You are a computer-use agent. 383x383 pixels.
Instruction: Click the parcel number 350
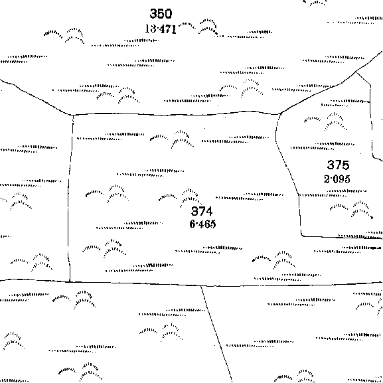[161, 14]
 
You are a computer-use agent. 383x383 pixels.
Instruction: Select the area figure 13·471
[161, 29]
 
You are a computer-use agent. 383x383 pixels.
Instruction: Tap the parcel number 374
[202, 211]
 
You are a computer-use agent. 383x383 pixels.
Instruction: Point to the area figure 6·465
[202, 224]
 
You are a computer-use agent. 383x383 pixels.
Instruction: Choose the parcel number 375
[338, 165]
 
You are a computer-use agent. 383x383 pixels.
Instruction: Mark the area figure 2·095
[337, 179]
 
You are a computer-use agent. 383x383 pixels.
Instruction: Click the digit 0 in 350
[169, 14]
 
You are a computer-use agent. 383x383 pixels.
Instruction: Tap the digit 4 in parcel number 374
[209, 211]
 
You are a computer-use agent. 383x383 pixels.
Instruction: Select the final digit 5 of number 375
[346, 165]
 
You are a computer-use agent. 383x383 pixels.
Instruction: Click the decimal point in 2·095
[331, 179]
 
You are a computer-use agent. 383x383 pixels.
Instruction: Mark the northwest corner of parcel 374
[73, 115]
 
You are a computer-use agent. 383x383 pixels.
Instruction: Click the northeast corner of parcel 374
[280, 114]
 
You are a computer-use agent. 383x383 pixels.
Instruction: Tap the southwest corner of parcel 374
[70, 282]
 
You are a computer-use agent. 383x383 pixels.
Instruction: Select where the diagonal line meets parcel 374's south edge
[201, 285]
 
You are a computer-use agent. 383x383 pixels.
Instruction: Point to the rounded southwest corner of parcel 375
[302, 236]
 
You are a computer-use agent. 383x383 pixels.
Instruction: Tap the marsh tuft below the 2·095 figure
[351, 209]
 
